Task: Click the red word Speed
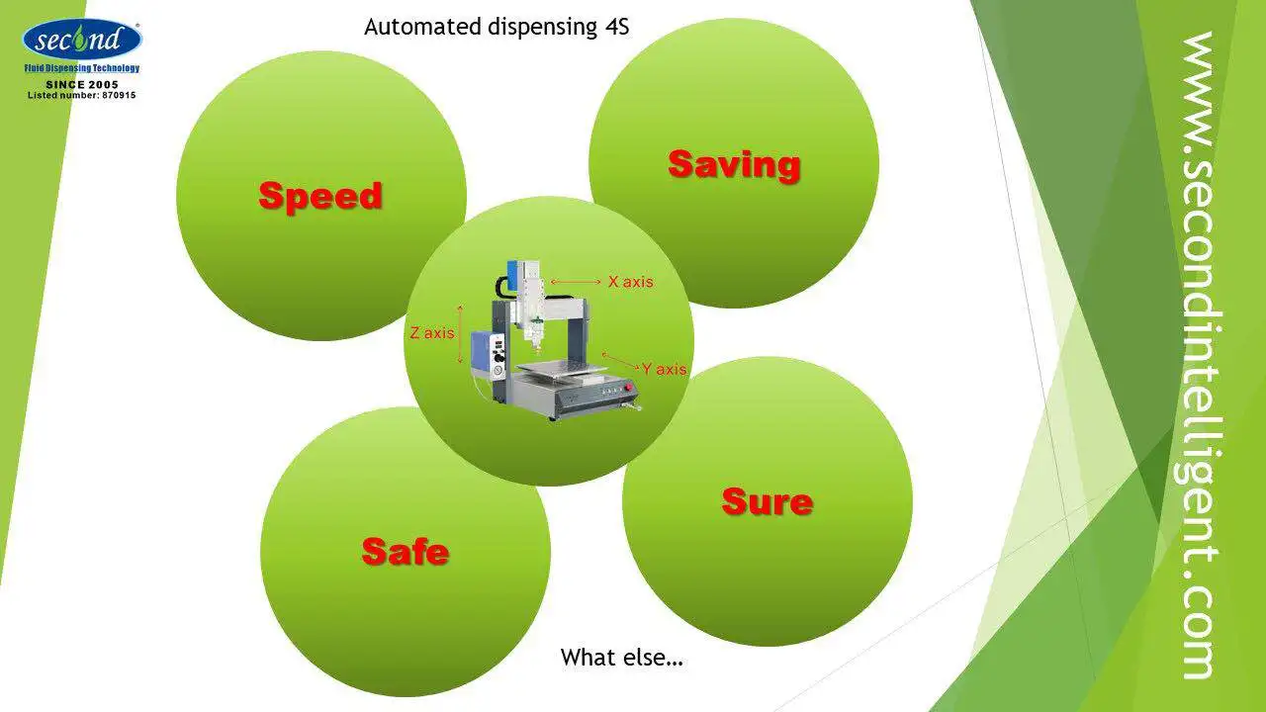[320, 196]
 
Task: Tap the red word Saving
[734, 164]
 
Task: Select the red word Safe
[405, 551]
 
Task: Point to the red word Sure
[768, 501]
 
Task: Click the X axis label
[630, 282]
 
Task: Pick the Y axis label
[664, 369]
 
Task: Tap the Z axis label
[432, 333]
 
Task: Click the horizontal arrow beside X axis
[576, 282]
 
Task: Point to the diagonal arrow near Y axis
[620, 360]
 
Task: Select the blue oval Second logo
[81, 41]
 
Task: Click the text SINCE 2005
[82, 85]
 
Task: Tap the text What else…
[622, 657]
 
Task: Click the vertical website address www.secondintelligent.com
[1200, 356]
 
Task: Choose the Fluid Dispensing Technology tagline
[82, 68]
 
